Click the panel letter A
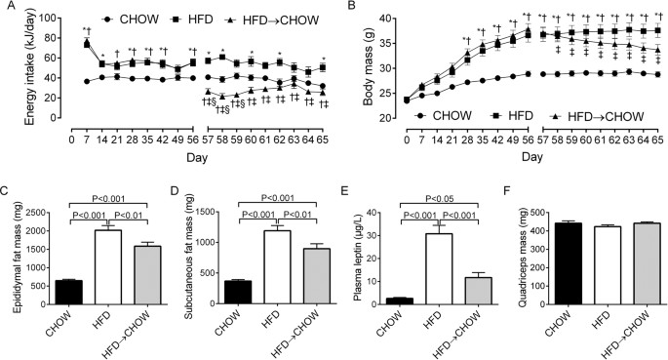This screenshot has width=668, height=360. (7, 8)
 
